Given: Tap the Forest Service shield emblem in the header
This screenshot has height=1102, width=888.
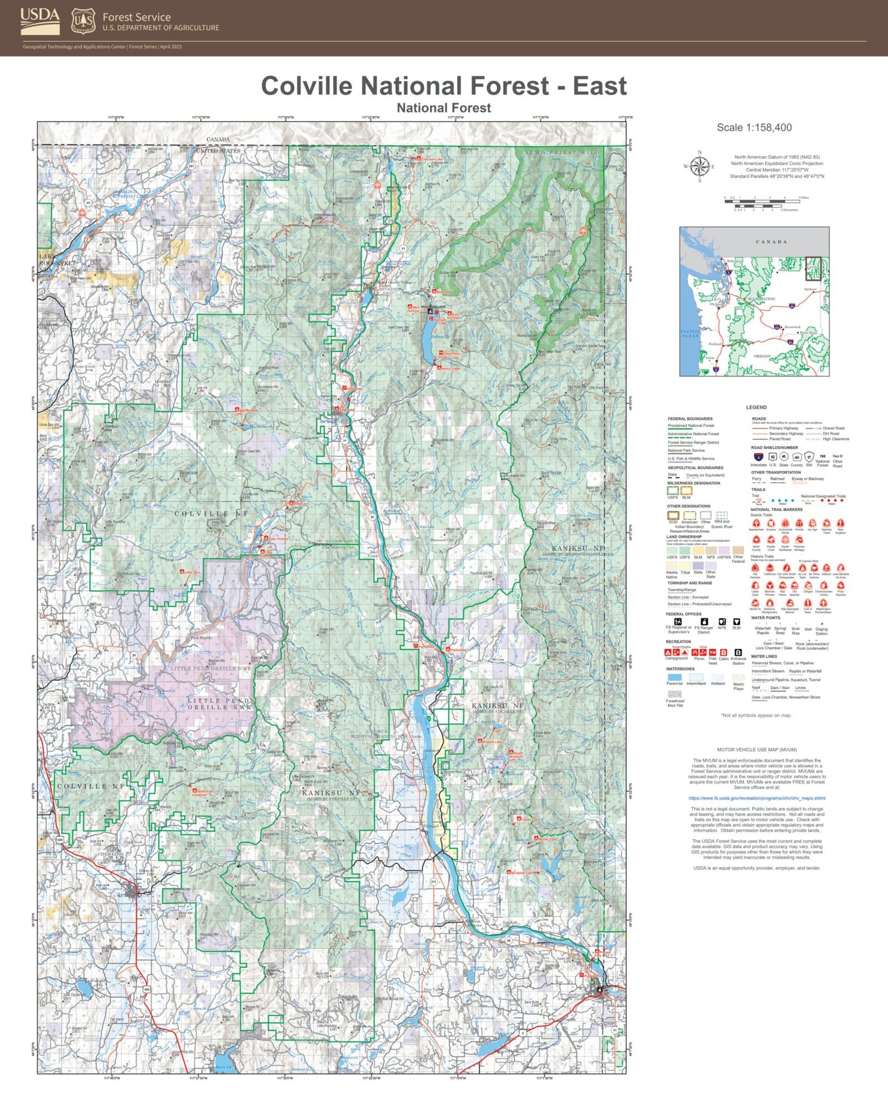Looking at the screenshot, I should pyautogui.click(x=83, y=21).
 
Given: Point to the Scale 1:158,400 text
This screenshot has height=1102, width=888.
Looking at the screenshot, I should pyautogui.click(x=754, y=127).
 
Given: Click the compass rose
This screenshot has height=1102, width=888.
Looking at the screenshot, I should pyautogui.click(x=699, y=167).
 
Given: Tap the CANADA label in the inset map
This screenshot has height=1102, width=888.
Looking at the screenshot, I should pyautogui.click(x=771, y=242).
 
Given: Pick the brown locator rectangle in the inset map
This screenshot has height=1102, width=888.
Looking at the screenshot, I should pyautogui.click(x=813, y=267).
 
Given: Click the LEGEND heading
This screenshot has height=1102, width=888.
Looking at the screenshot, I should pyautogui.click(x=756, y=407).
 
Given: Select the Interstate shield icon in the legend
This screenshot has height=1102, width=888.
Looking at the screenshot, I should pyautogui.click(x=758, y=457).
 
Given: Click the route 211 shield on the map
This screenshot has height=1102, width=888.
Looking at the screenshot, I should pyautogui.click(x=433, y=881).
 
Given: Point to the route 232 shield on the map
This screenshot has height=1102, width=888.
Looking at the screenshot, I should pyautogui.click(x=147, y=1016).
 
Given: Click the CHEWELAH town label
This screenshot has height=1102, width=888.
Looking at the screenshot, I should pyautogui.click(x=110, y=854).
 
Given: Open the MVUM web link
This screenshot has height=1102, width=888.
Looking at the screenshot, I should pyautogui.click(x=757, y=798).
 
